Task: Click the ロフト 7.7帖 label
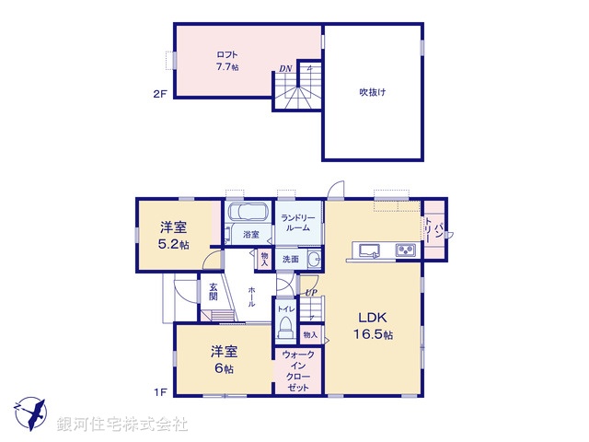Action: [x=227, y=61]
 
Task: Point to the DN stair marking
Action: [x=285, y=69]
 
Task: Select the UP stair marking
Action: [x=310, y=293]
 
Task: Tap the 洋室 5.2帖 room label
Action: [x=173, y=236]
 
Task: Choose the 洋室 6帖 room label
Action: [x=223, y=358]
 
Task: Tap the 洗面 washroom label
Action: [x=290, y=260]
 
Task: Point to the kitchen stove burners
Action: [x=406, y=250]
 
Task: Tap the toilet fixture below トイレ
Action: [x=284, y=327]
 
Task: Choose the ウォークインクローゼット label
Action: [x=296, y=372]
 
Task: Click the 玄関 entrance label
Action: [x=213, y=291]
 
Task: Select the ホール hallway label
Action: [x=250, y=297]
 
